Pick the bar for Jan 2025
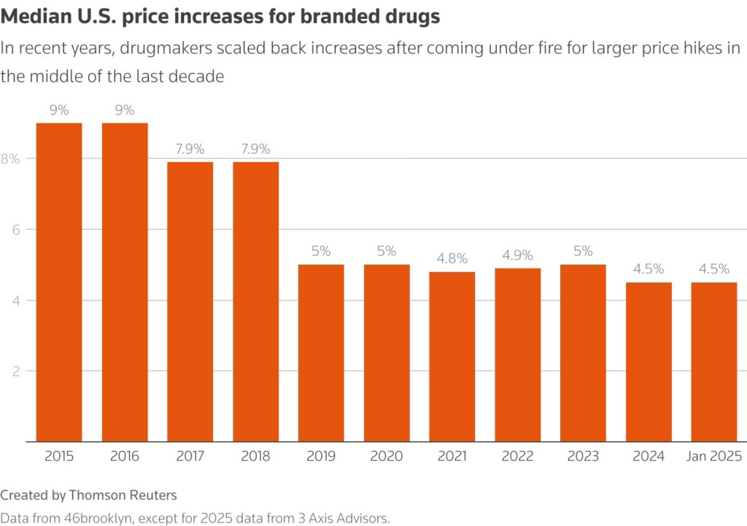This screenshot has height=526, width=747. click(714, 362)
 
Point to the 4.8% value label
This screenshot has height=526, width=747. click(452, 258)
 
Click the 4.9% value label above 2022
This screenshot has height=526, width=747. click(518, 255)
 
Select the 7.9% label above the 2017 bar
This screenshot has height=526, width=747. click(190, 149)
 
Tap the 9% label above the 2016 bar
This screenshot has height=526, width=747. click(125, 110)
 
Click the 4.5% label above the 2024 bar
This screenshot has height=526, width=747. click(649, 269)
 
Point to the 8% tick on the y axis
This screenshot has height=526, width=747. click(9, 158)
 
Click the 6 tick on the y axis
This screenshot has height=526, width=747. click(14, 229)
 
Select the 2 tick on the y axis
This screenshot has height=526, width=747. click(14, 371)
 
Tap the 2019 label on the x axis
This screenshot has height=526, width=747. click(321, 457)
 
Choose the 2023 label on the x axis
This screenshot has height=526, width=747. click(584, 457)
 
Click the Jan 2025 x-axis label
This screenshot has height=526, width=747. click(714, 457)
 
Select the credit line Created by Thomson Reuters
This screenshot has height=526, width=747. click(89, 495)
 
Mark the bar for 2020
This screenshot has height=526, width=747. click(387, 353)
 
